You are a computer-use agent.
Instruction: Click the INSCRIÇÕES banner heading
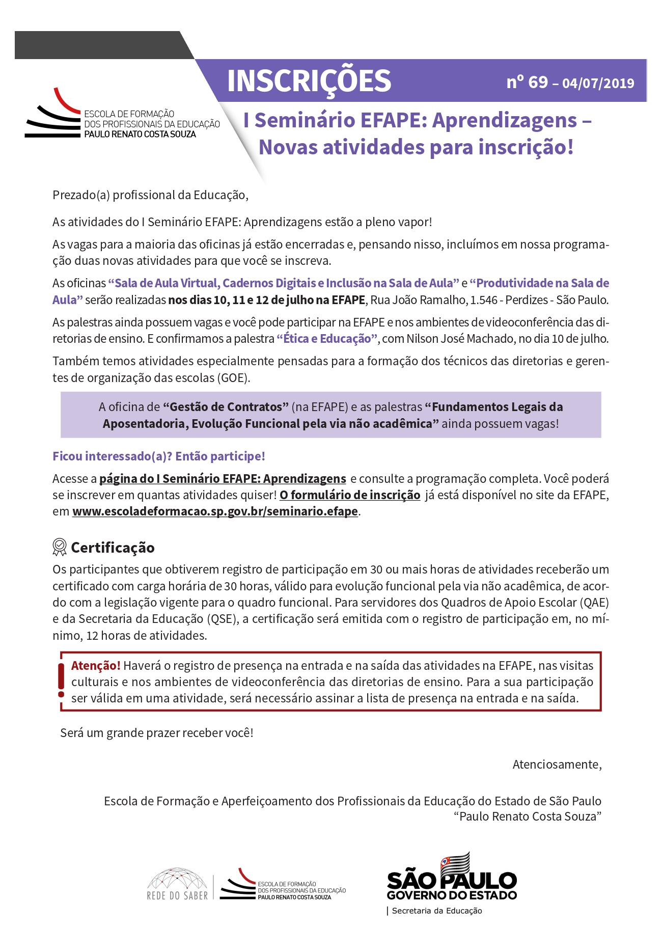(x=309, y=80)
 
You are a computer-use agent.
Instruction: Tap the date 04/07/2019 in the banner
(x=598, y=84)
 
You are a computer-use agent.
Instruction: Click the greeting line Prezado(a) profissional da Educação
(x=150, y=195)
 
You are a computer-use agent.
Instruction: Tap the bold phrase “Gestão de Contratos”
(x=226, y=407)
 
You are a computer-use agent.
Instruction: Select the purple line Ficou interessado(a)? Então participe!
(x=159, y=456)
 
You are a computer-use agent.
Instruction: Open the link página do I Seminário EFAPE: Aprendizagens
(x=223, y=479)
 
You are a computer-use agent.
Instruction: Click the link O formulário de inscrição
(x=350, y=495)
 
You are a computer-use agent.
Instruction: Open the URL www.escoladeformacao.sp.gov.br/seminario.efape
(x=215, y=511)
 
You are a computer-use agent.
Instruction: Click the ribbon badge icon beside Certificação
(x=60, y=547)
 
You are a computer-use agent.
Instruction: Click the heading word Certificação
(x=113, y=548)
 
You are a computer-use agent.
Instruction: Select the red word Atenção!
(x=96, y=666)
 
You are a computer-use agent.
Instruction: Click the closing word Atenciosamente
(x=557, y=765)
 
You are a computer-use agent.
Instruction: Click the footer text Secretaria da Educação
(x=436, y=911)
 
